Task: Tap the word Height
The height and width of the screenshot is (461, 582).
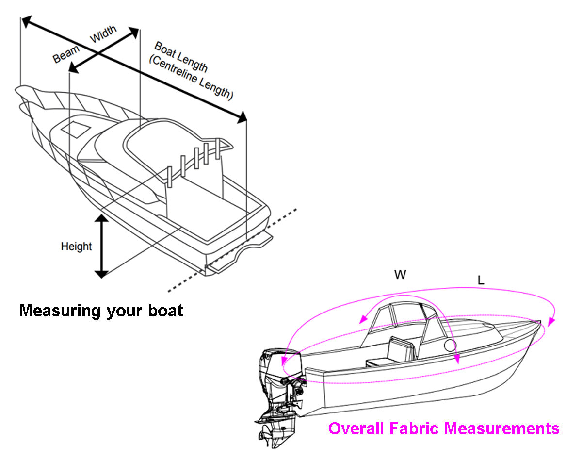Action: [x=76, y=247]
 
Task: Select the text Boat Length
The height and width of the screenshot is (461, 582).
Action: [x=180, y=57]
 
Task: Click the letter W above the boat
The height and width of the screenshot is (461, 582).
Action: [x=400, y=275]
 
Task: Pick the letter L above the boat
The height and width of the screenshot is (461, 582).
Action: [x=481, y=280]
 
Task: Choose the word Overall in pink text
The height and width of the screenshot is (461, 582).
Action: [x=356, y=429]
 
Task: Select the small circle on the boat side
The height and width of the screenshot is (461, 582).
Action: [x=450, y=346]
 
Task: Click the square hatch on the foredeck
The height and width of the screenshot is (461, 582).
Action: [x=74, y=129]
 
